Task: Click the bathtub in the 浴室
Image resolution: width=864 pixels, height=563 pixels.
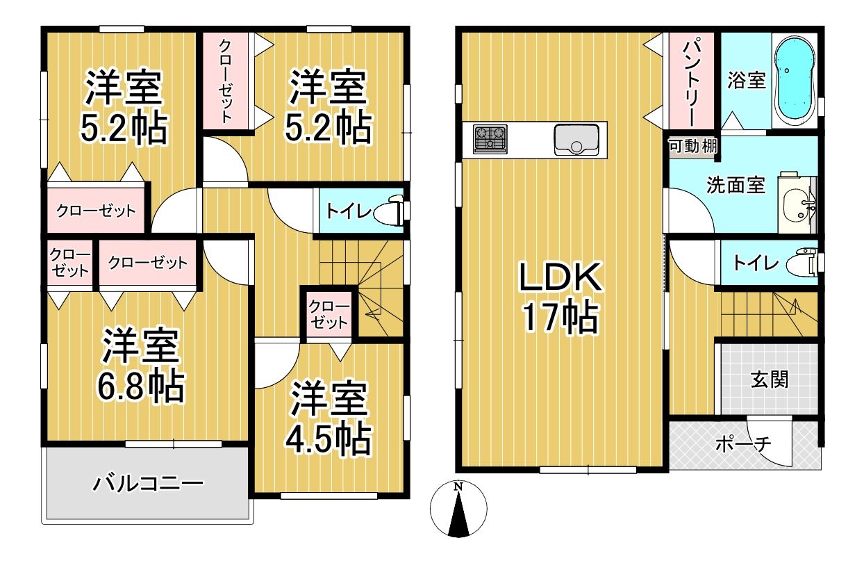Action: (795, 80)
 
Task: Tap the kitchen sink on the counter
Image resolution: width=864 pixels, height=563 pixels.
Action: (576, 140)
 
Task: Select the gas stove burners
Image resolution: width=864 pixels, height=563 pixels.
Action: (490, 139)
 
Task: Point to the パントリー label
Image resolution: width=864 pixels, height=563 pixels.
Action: (691, 83)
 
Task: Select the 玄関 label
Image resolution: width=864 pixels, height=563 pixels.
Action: (770, 380)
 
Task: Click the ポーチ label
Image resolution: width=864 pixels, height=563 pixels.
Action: (743, 444)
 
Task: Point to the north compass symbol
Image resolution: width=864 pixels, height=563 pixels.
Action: (458, 509)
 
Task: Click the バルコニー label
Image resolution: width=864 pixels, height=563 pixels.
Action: (148, 484)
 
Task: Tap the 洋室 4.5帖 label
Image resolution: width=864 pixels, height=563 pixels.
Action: (329, 418)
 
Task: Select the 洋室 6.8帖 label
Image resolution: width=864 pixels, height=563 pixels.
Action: (140, 365)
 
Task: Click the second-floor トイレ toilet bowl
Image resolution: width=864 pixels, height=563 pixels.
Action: (392, 211)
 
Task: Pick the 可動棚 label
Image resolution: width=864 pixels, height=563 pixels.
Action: (693, 146)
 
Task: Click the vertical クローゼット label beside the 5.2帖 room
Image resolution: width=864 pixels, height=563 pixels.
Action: (225, 81)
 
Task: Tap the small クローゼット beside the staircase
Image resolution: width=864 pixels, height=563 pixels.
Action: (329, 314)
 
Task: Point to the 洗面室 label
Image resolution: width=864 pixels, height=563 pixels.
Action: (736, 185)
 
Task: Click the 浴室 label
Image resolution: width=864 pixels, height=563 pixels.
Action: (747, 80)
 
